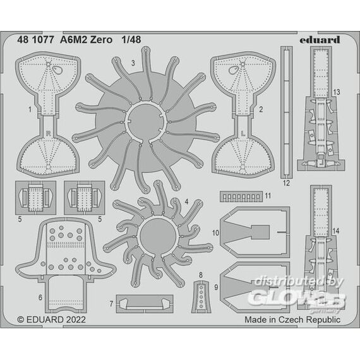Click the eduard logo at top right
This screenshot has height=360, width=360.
(320, 40)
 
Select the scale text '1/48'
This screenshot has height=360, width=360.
(131, 40)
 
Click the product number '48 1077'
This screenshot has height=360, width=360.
(32, 40)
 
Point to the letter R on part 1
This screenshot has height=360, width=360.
(48, 133)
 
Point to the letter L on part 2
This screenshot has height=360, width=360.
(244, 133)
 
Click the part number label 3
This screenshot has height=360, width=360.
(133, 63)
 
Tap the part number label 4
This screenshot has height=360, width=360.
(186, 201)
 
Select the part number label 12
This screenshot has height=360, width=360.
(286, 183)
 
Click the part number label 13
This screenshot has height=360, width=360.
(337, 92)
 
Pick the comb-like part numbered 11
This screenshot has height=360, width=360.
(241, 196)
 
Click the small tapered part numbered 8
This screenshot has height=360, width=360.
(201, 296)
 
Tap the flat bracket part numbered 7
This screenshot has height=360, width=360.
(145, 304)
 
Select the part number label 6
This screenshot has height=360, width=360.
(40, 297)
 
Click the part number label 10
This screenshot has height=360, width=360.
(215, 233)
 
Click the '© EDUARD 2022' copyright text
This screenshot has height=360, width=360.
(51, 320)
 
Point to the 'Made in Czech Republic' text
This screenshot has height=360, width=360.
(292, 320)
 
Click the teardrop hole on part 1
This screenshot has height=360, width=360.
(56, 70)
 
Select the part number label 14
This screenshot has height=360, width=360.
(335, 231)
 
